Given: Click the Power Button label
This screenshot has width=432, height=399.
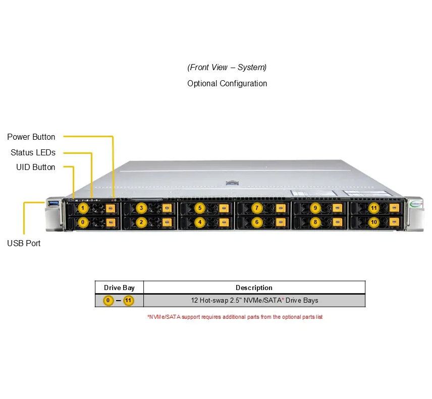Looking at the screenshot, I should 31,137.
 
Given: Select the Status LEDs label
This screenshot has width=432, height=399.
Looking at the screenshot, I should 33,152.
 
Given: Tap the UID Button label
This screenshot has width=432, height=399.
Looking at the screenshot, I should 36,167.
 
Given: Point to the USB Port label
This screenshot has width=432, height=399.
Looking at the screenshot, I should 24,243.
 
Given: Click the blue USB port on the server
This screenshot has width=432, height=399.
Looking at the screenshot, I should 53,203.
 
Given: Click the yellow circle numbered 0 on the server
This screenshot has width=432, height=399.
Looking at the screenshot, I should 83,221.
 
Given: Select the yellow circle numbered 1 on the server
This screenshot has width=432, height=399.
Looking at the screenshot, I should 83,208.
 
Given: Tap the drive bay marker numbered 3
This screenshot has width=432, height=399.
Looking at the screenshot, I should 142,208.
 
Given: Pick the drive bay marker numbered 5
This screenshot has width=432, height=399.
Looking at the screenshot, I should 200,208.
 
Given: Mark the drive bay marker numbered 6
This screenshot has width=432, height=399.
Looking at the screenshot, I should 257,221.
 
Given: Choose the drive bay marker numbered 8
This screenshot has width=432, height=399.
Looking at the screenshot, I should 315,221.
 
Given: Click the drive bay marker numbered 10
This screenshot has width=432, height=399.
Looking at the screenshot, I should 374,221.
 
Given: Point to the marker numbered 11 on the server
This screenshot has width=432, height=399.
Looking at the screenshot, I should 374,208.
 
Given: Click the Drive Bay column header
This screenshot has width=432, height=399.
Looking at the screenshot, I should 119,288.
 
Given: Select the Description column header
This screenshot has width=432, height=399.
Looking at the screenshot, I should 254,288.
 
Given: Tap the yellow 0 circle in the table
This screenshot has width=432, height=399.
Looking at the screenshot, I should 109,301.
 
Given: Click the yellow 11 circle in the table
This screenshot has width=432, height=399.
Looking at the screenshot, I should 129,301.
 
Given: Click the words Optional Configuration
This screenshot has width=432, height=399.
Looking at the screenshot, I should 227,83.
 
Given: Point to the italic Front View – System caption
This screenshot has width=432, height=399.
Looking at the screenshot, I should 227,67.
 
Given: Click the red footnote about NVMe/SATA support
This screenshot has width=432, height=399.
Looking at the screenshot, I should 235,317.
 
